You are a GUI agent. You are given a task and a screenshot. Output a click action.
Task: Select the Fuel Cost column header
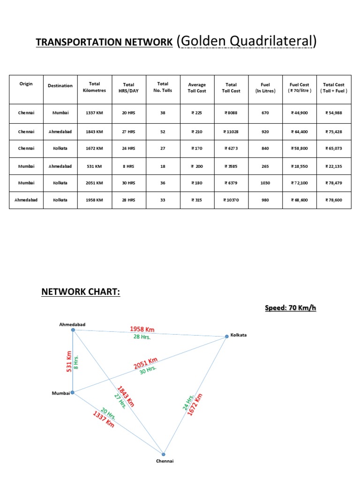click(x=300, y=88)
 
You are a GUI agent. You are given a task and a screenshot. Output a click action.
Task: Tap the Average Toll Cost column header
click(x=197, y=88)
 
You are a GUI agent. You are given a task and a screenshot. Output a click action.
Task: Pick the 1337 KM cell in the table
click(x=94, y=113)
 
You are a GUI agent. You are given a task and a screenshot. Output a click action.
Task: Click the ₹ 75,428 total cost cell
click(x=334, y=132)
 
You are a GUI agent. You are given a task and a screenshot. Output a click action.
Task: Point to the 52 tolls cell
click(x=163, y=132)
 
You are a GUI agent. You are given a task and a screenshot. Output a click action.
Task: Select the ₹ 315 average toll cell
click(x=197, y=200)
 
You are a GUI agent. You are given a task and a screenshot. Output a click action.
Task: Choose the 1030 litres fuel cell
click(x=265, y=183)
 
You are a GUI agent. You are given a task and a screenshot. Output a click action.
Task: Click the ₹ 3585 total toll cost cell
click(x=231, y=166)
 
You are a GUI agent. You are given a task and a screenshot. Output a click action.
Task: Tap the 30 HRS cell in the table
click(x=128, y=183)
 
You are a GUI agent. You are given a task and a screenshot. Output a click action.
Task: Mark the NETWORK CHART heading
click(x=81, y=292)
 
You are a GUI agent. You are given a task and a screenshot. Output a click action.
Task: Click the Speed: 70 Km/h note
click(x=291, y=308)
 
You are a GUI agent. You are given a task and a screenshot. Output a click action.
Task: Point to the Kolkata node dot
click(x=226, y=336)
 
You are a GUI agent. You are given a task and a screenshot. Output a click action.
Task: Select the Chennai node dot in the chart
click(x=164, y=454)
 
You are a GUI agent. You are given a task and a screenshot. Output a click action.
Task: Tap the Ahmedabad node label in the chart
click(x=72, y=324)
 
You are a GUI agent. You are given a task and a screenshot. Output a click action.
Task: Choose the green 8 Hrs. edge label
click(x=76, y=361)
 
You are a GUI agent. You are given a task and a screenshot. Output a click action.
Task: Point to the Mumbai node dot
click(x=72, y=393)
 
